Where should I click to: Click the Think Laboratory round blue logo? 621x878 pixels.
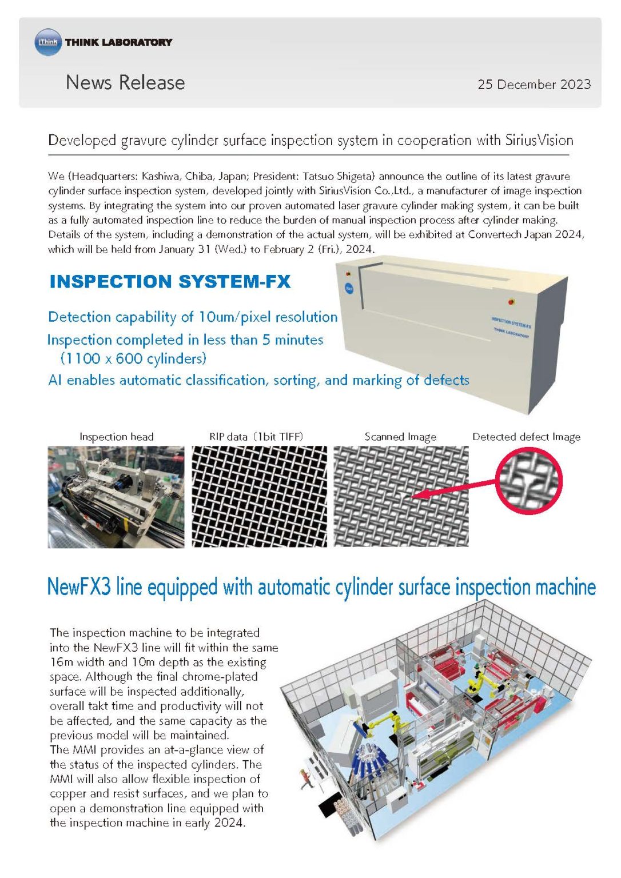[x=48, y=42]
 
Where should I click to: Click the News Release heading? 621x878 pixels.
[x=125, y=82]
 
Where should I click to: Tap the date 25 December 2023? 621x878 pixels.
[x=534, y=85]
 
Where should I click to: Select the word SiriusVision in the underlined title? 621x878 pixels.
[x=539, y=141]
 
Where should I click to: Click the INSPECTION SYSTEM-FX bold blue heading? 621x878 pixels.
[x=170, y=282]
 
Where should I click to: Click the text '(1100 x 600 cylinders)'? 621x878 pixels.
[x=133, y=359]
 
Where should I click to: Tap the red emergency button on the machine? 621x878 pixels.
[x=511, y=301]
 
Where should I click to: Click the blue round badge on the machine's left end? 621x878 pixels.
[x=349, y=289]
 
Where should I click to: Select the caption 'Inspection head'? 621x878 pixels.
[x=116, y=437]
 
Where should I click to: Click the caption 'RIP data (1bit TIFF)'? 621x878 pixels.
[x=256, y=437]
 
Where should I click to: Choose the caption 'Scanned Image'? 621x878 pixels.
[x=400, y=437]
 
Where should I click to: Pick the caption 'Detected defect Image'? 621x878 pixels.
[x=526, y=437]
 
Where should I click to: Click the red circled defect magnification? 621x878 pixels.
[x=528, y=481]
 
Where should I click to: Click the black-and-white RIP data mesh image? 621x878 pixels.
[x=259, y=497]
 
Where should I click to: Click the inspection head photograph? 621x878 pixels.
[x=116, y=497]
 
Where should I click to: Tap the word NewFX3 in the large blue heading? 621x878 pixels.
[x=79, y=587]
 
